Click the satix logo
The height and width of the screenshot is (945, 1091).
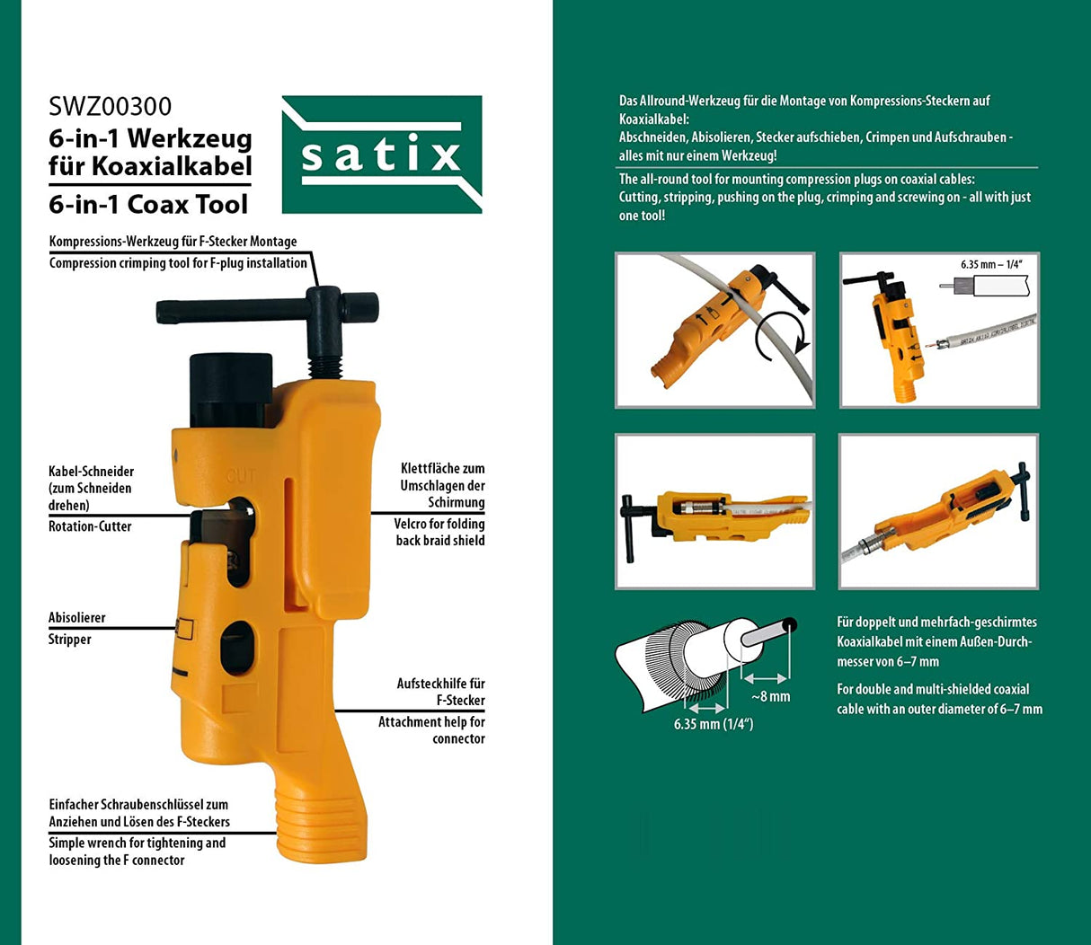[x=382, y=155]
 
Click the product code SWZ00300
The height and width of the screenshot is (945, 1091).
[x=110, y=107]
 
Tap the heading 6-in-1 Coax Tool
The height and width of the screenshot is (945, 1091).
[x=148, y=205]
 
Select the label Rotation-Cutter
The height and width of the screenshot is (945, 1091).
[x=90, y=526]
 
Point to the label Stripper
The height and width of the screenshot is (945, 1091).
[x=70, y=640]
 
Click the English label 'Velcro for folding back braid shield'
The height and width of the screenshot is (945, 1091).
[x=439, y=532]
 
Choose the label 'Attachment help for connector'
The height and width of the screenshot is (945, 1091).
[x=431, y=730]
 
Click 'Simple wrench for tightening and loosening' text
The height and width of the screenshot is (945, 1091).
[x=137, y=852]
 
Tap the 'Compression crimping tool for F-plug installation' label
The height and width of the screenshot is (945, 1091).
[x=178, y=263]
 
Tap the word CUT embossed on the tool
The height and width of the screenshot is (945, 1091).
[x=241, y=476]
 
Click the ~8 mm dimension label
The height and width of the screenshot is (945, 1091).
[x=771, y=696]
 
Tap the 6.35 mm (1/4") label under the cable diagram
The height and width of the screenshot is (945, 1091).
[x=714, y=724]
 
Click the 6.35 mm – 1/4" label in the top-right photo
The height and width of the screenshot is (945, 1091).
[x=991, y=265]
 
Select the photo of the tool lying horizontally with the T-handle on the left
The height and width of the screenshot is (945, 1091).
[x=714, y=512]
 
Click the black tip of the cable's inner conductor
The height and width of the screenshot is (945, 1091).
[x=789, y=624]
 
